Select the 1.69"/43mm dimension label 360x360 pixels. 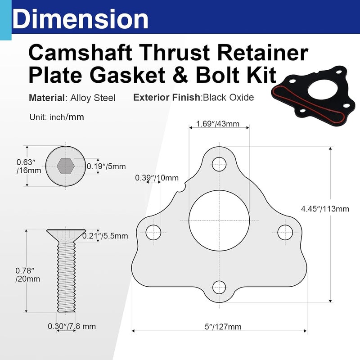point(218,124)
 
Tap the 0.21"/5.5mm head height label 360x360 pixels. point(108,235)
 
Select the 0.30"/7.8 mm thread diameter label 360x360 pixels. point(72,326)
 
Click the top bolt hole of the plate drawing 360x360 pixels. point(219,163)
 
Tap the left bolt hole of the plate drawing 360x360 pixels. point(153,232)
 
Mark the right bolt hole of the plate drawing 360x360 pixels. point(284,232)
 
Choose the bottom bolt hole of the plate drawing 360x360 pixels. point(219,286)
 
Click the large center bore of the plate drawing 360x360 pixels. point(219,220)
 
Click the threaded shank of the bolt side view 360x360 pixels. point(66,279)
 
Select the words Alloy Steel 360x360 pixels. point(97,98)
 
